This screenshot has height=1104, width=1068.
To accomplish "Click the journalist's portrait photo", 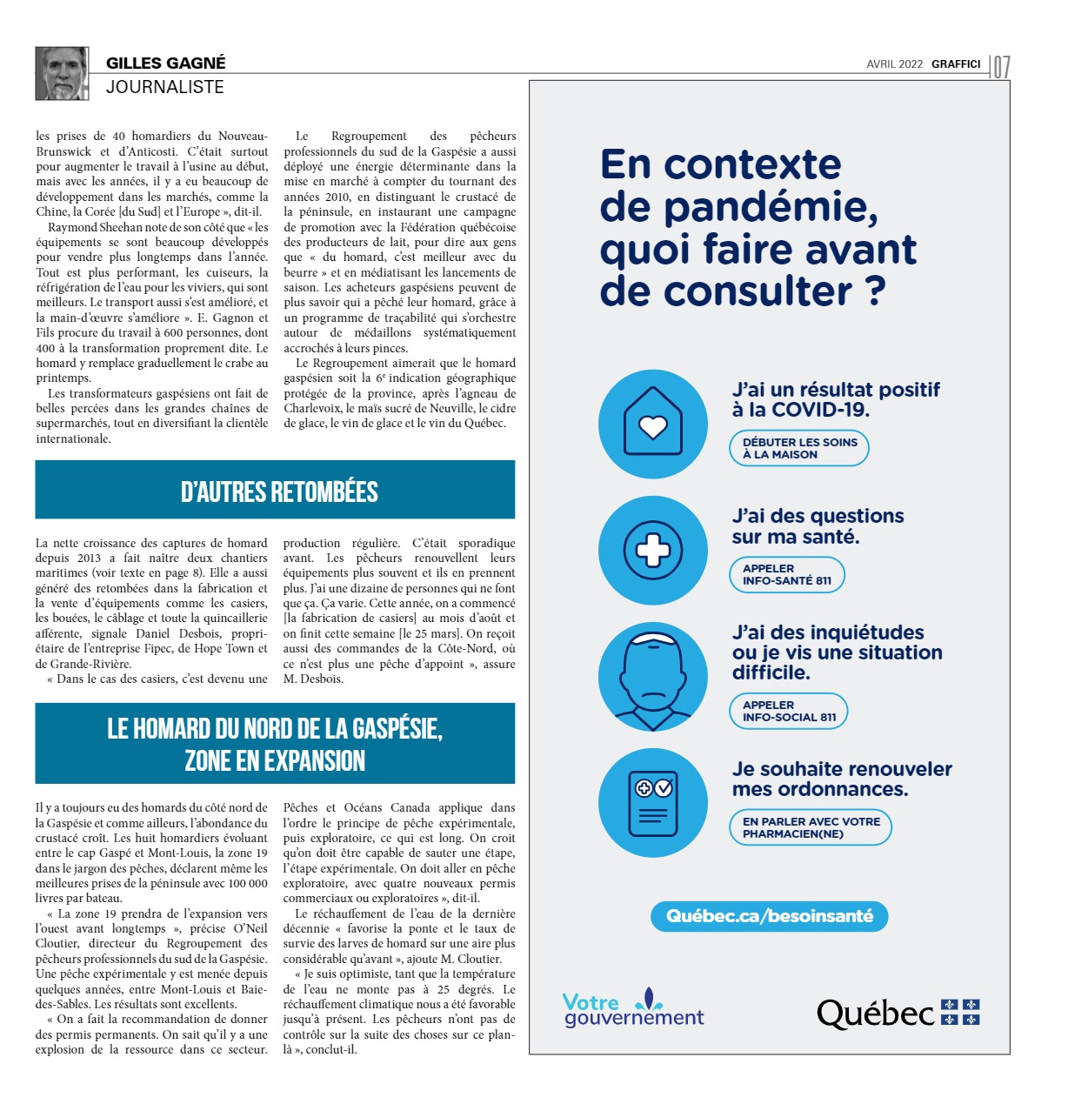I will (62, 73).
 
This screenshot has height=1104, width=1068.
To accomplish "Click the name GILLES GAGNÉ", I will (165, 63).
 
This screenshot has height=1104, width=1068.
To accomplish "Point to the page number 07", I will (1001, 67).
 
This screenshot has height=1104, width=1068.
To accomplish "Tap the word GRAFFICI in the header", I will (956, 64).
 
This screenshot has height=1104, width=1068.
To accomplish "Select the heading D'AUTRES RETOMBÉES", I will (279, 492).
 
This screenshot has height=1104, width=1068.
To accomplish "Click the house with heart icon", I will (652, 424).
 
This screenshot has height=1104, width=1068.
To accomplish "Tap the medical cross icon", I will (652, 550).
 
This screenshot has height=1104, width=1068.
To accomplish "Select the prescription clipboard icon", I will (652, 802).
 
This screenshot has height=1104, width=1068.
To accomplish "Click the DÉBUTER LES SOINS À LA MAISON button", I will (799, 448).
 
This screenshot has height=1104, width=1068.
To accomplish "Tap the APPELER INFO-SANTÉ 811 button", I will (786, 574).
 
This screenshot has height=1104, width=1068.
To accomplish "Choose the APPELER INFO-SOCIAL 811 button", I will (788, 711).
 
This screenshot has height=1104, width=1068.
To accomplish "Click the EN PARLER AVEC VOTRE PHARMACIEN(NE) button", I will (811, 827).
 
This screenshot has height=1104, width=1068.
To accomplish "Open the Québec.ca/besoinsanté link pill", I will (770, 916).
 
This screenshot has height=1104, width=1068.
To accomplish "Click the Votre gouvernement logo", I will (632, 1009).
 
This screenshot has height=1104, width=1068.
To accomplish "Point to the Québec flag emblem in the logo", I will (960, 1012).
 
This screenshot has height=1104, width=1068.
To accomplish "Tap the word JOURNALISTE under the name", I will (165, 87).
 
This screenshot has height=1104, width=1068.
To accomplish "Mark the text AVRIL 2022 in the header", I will (894, 64).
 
